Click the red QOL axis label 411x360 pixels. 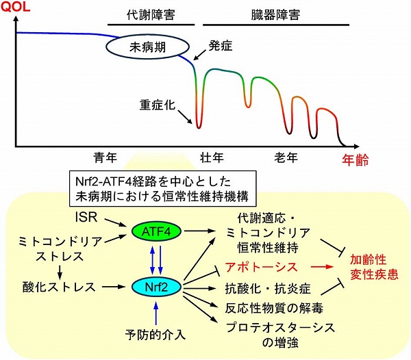(x=15, y=7)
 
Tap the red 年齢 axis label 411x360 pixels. (x=355, y=159)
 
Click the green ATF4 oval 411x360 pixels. (x=156, y=231)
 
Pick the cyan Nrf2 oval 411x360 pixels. (x=156, y=287)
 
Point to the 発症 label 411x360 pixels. (x=220, y=46)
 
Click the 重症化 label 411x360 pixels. (x=157, y=105)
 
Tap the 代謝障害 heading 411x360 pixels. (x=151, y=15)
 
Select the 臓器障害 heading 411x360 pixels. (x=276, y=15)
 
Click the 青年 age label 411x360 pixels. (x=105, y=157)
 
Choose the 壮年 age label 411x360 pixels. (x=212, y=157)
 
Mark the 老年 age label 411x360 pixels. (x=286, y=157)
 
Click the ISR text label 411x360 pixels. (x=86, y=217)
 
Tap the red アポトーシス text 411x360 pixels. (x=262, y=267)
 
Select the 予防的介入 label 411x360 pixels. (x=155, y=335)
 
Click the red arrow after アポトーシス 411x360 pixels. (x=322, y=267)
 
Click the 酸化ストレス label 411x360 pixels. (x=59, y=287)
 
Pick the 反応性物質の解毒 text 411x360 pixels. (x=274, y=308)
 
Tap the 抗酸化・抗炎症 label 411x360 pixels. (x=268, y=289)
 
